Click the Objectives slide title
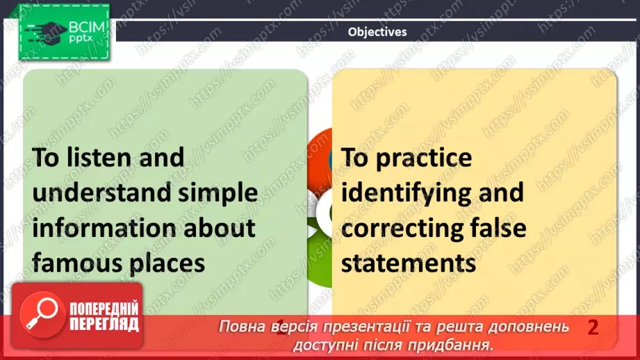pos(377,31)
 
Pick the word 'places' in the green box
pos(165,263)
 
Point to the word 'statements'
pos(409,263)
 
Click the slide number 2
pos(593,327)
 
